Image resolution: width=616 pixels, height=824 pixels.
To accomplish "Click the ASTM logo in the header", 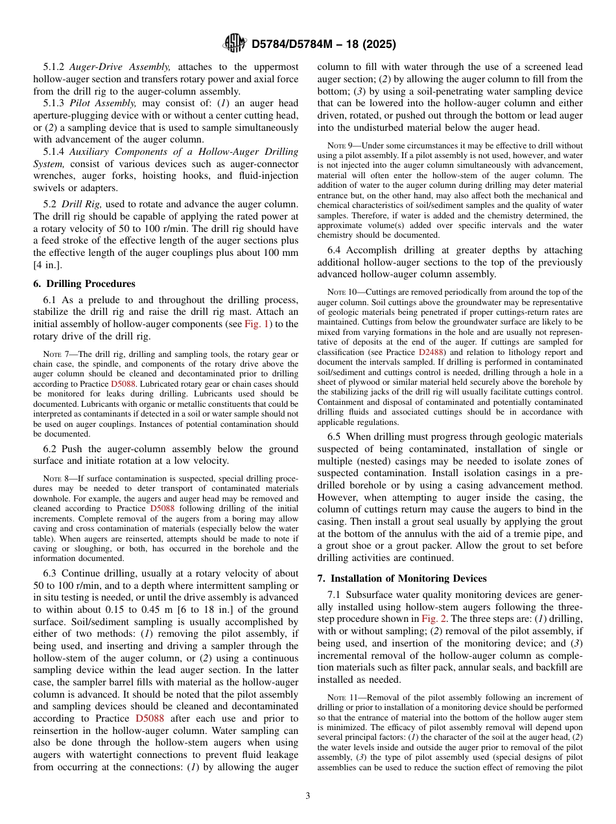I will (234, 43).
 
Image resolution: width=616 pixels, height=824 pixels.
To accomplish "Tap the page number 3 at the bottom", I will (307, 795).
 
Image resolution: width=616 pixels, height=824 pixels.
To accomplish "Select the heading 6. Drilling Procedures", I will (84, 284).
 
